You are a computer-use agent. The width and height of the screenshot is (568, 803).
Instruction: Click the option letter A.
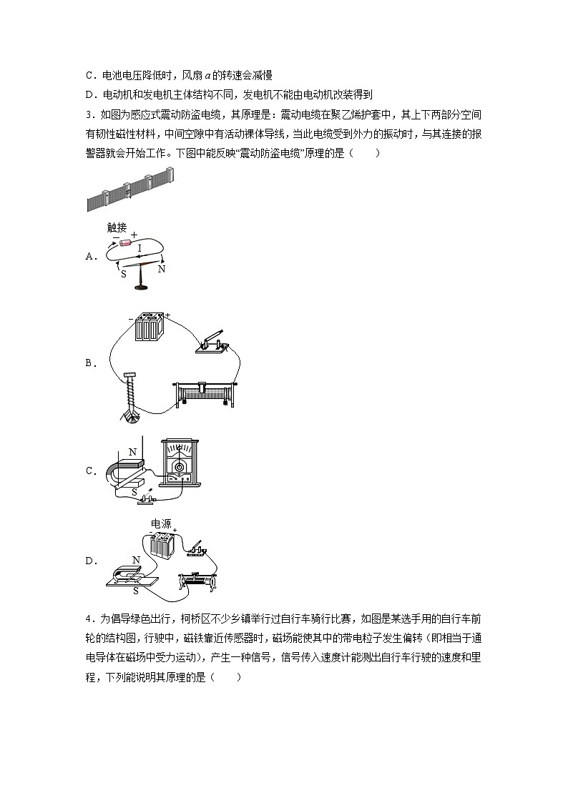click(89, 257)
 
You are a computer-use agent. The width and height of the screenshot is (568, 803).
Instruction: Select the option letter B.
click(89, 363)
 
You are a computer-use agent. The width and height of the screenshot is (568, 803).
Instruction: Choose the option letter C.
click(89, 471)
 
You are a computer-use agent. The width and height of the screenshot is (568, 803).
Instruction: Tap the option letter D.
click(89, 561)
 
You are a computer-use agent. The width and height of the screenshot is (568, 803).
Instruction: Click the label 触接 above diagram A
click(117, 227)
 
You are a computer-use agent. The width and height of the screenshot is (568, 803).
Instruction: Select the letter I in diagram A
click(139, 248)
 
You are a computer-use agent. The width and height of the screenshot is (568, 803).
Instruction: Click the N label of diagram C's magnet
click(132, 452)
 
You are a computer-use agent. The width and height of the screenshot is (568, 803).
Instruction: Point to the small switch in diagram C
click(150, 498)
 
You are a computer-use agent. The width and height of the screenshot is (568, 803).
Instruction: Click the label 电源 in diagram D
click(161, 524)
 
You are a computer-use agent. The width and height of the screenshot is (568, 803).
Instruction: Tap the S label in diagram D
click(135, 591)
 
